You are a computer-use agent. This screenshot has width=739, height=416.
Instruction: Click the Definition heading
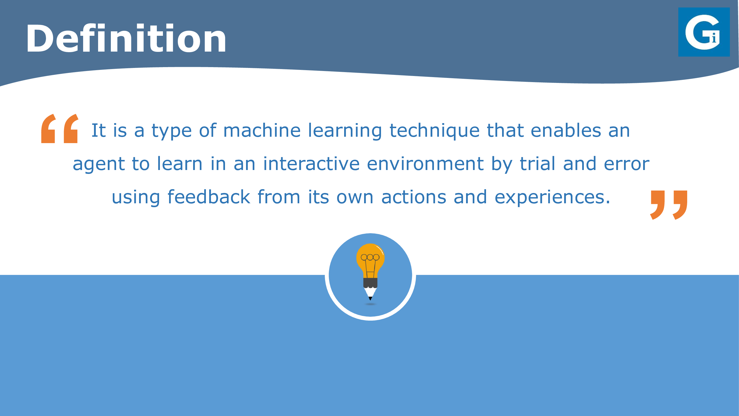(x=126, y=39)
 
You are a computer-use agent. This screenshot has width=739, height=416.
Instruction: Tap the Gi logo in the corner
(x=704, y=32)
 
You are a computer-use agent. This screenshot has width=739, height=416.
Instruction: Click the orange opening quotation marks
(x=60, y=128)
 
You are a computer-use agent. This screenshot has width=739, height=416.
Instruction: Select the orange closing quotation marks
(x=669, y=205)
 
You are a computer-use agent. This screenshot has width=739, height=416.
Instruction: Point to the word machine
(x=262, y=130)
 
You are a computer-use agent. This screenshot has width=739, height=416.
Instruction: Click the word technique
(x=434, y=131)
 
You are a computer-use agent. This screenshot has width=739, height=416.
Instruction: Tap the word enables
(x=566, y=130)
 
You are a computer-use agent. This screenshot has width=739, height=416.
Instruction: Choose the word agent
(x=99, y=164)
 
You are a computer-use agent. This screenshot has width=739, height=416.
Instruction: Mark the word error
(x=627, y=164)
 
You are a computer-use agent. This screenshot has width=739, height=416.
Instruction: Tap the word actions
(x=414, y=197)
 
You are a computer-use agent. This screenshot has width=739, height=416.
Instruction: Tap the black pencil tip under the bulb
(x=370, y=298)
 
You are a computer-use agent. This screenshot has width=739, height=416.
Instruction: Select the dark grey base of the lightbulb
(x=370, y=283)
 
